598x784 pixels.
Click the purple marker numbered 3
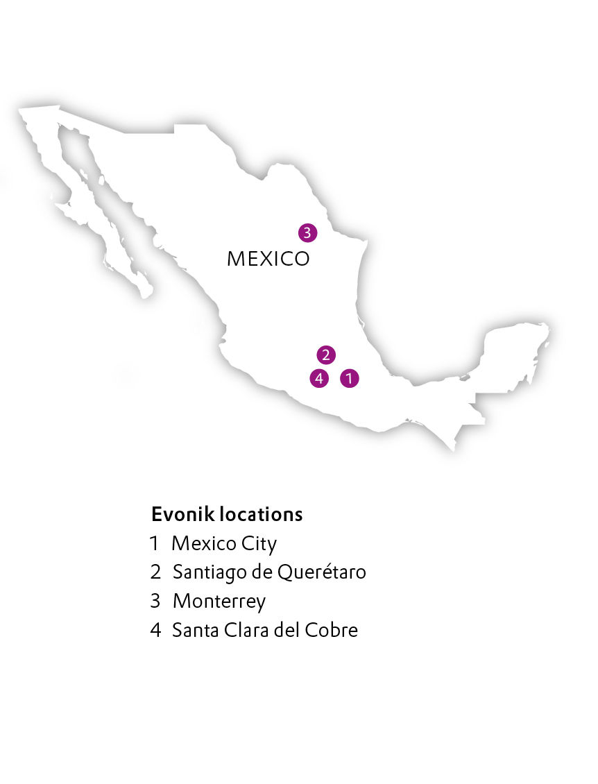pyautogui.click(x=307, y=232)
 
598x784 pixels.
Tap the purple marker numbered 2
pyautogui.click(x=325, y=355)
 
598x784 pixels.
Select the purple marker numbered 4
pyautogui.click(x=318, y=378)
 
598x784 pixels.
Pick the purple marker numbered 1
pyautogui.click(x=350, y=378)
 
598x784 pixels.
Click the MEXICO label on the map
pyautogui.click(x=268, y=259)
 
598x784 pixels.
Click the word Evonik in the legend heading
pyautogui.click(x=182, y=515)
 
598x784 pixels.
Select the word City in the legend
pyautogui.click(x=259, y=544)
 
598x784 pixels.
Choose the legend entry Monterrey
pyautogui.click(x=219, y=601)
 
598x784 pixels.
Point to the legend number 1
pyautogui.click(x=154, y=543)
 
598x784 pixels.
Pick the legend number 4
pyautogui.click(x=155, y=630)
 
